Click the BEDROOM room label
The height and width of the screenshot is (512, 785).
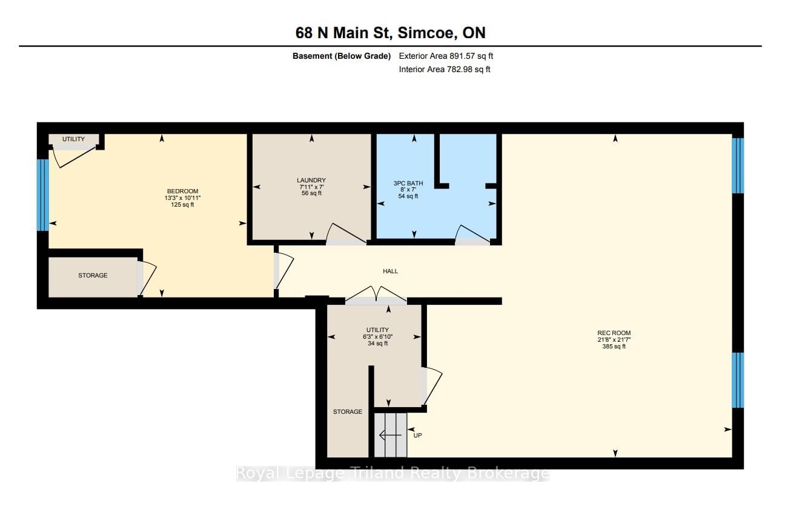(182, 191)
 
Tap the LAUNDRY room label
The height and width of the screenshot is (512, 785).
(311, 180)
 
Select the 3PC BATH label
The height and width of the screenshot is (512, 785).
(408, 183)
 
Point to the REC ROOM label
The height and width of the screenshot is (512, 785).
(614, 333)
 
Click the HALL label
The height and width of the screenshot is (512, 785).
(391, 271)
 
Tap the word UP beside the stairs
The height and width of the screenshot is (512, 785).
(418, 435)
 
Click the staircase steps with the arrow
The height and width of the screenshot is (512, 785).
(391, 435)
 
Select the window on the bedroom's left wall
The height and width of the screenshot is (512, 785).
(43, 195)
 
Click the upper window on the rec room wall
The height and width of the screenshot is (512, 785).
(738, 165)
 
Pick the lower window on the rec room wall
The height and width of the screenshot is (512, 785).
(738, 380)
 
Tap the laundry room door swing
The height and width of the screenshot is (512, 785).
(346, 234)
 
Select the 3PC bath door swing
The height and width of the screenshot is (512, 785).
(472, 235)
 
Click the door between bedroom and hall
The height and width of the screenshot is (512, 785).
(283, 271)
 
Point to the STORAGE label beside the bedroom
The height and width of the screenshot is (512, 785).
(93, 275)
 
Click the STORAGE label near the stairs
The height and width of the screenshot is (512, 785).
(348, 411)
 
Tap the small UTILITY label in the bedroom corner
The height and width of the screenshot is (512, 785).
(74, 139)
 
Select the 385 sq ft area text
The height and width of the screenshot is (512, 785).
(614, 347)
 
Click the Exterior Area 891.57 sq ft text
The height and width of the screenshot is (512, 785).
(446, 56)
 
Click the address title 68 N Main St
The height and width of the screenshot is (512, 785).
(342, 33)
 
